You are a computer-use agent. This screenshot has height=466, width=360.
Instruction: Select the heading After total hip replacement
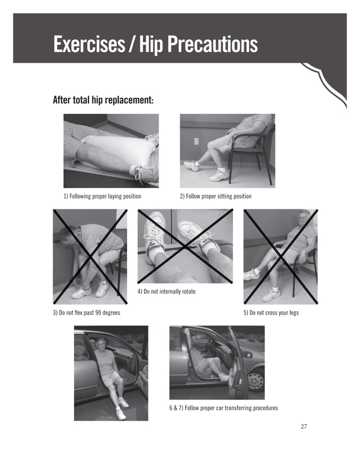coord(103,100)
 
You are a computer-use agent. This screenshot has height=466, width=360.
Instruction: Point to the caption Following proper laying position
coord(102,196)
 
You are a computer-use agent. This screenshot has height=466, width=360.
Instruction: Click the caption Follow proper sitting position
coord(216,196)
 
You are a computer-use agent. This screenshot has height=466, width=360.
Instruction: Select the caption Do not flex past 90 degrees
coord(86,312)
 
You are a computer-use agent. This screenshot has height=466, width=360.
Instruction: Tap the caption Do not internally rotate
coord(166,292)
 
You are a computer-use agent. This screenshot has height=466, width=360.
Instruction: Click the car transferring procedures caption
coord(223,407)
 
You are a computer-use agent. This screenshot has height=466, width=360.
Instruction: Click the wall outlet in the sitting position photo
coord(196,141)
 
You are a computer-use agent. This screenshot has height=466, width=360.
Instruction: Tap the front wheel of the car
coord(255,380)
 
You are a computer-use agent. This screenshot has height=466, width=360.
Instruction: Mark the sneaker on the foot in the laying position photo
coord(147,173)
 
